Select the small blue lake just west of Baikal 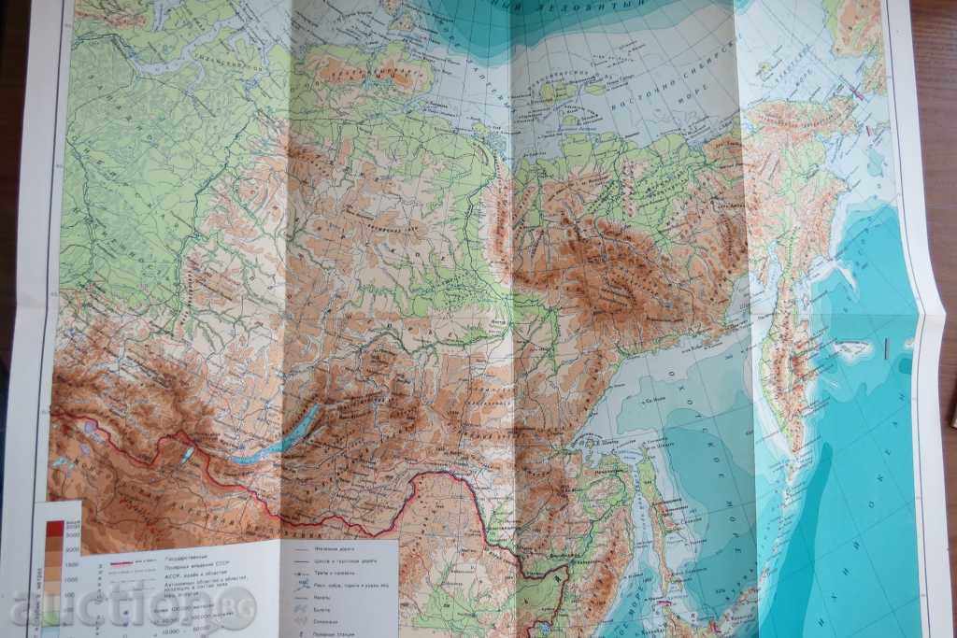(187, 452)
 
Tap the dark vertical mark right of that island (884, 347)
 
